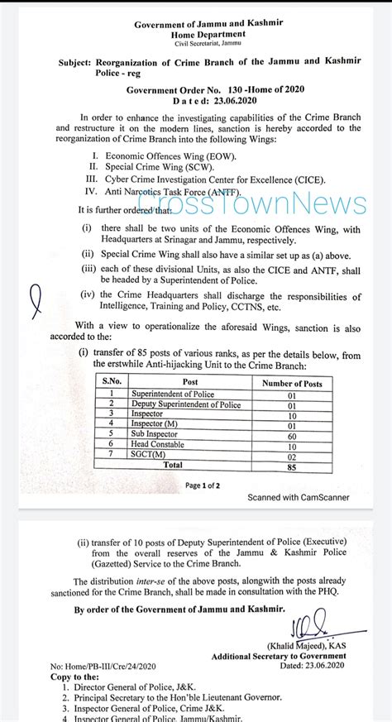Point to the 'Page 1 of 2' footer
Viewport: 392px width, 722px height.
(203, 485)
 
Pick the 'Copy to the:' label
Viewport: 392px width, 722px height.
(69, 676)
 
